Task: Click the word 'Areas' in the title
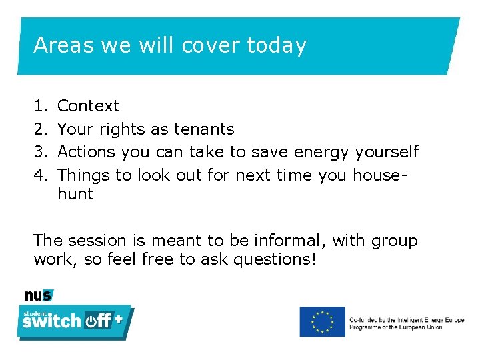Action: point(63,45)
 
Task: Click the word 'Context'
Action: point(89,106)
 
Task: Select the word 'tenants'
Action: point(204,129)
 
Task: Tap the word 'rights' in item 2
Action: point(127,129)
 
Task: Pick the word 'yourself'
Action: point(387,152)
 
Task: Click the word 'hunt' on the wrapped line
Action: point(75,194)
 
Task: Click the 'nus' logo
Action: point(38,295)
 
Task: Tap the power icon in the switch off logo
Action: point(91,321)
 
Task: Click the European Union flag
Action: point(322,321)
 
